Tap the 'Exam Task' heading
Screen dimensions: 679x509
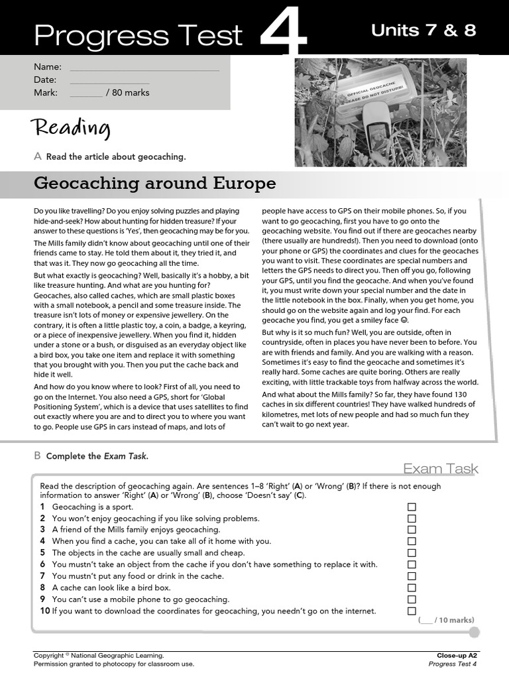(x=441, y=469)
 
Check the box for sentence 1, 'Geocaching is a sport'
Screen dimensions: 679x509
(x=412, y=507)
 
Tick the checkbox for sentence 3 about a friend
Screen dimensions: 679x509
(x=412, y=530)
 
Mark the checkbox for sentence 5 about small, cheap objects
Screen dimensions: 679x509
(x=412, y=553)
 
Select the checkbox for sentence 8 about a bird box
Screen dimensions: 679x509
(x=412, y=587)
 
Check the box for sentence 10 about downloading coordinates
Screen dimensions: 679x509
(x=412, y=611)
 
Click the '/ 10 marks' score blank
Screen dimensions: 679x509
(x=426, y=620)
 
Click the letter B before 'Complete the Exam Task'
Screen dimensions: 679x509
(x=37, y=456)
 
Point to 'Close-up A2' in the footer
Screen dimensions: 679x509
(x=457, y=655)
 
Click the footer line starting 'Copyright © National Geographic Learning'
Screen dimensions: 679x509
(x=99, y=655)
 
